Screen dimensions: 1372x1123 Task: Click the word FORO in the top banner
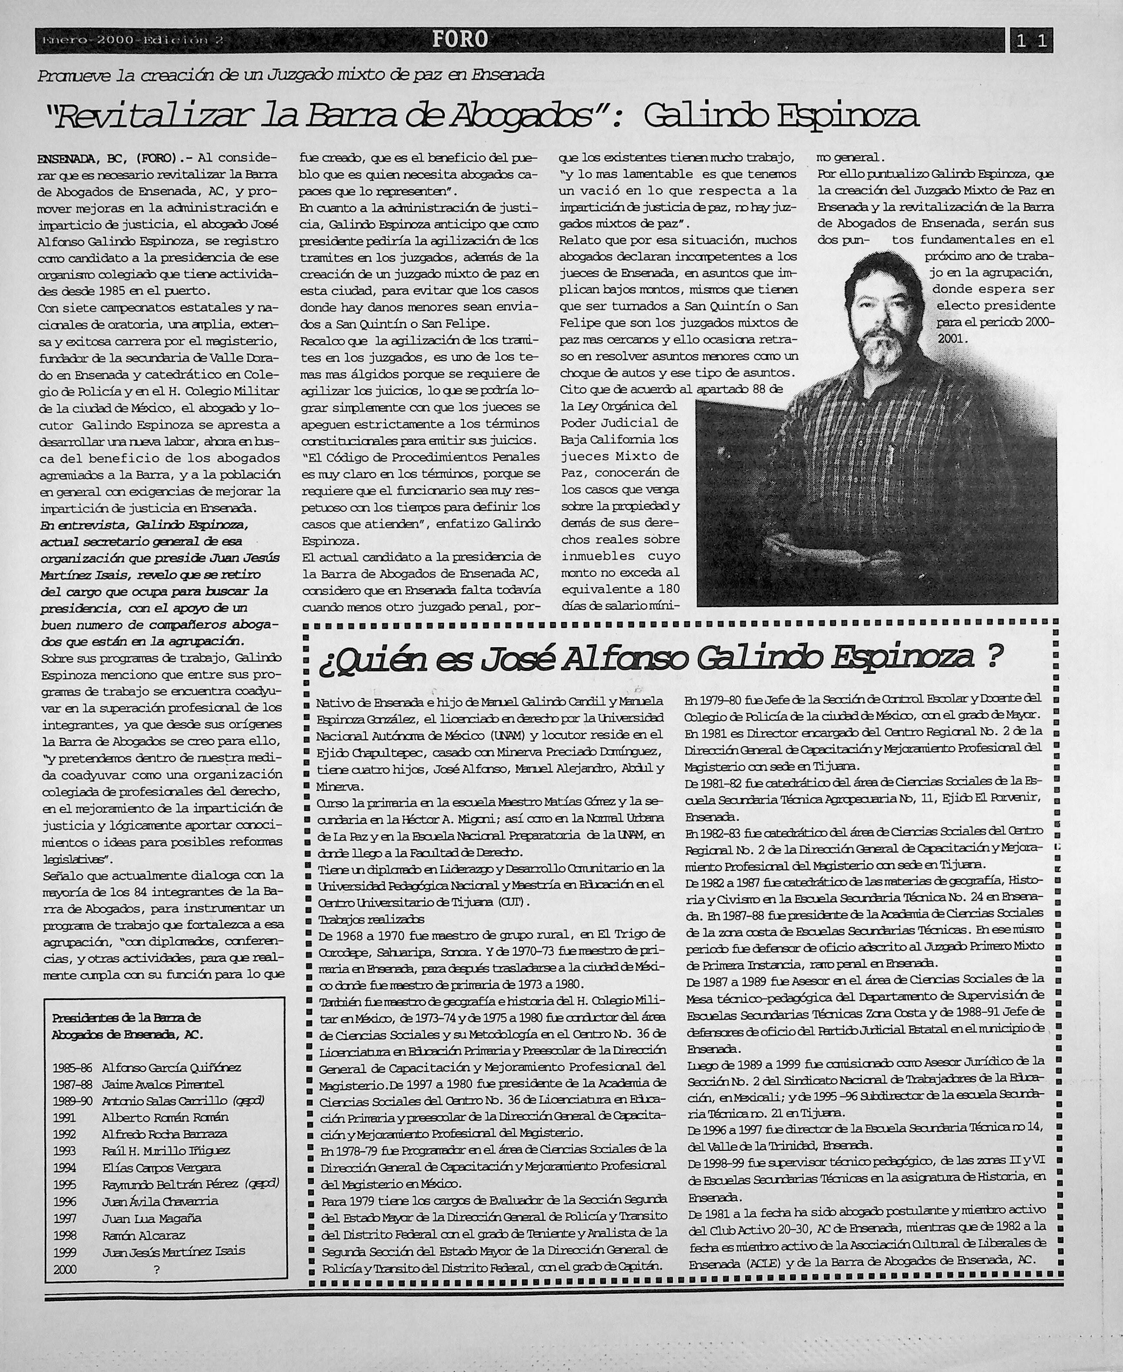coord(460,40)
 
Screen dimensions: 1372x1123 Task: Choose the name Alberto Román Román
coord(165,1117)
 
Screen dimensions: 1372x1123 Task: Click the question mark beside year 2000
coord(157,1269)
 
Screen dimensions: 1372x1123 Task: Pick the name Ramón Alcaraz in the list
coord(144,1235)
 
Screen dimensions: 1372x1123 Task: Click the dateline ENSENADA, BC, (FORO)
coord(108,157)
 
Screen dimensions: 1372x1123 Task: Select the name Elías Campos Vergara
coord(161,1167)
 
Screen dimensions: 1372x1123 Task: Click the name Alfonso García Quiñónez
coord(171,1067)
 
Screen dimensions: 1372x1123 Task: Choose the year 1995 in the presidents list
coord(65,1184)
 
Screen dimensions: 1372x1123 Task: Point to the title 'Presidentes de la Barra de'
coord(126,1017)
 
